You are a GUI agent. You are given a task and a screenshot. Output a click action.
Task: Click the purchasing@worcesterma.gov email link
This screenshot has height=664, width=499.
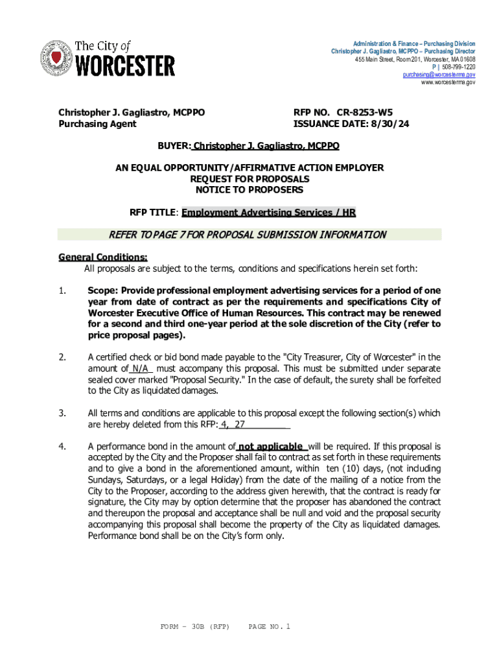click(439, 75)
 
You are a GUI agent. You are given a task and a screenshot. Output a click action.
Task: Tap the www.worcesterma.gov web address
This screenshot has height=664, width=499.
click(448, 82)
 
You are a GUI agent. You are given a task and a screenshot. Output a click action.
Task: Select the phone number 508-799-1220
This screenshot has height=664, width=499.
click(458, 67)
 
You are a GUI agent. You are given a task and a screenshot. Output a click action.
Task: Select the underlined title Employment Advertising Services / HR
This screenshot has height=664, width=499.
click(268, 213)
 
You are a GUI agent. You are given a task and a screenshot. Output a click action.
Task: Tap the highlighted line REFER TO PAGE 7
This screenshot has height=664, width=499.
click(250, 235)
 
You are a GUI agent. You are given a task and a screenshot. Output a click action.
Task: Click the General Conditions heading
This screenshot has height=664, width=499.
click(103, 257)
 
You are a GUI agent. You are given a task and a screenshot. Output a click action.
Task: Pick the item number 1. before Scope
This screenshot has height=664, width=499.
click(62, 290)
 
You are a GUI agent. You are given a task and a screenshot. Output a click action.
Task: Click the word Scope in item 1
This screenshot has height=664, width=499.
click(101, 290)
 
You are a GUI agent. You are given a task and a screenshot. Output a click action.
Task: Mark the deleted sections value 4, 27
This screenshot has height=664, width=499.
click(233, 425)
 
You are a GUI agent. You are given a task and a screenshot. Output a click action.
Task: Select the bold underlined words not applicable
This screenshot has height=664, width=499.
click(271, 447)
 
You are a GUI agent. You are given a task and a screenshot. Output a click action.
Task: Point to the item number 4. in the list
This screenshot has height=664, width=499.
click(62, 447)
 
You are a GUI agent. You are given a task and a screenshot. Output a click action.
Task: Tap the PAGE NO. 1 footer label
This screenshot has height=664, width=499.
click(270, 627)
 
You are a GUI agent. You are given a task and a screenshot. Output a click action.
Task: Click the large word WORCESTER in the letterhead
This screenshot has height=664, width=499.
click(125, 65)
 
